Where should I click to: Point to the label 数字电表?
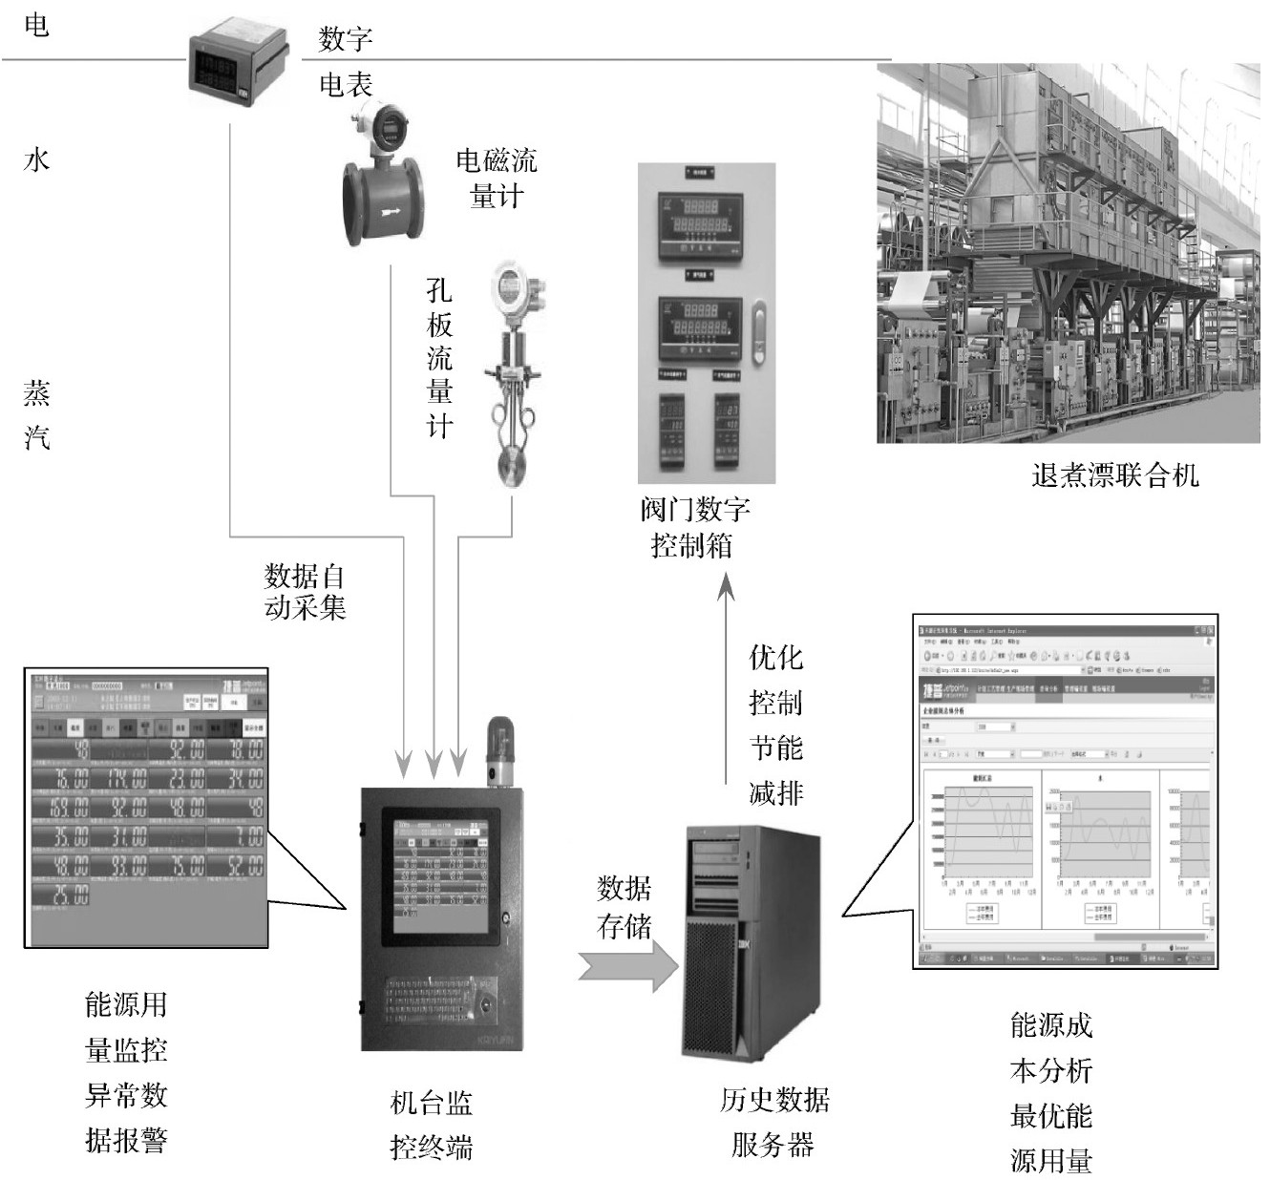point(345,62)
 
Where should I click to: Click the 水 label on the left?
point(36,159)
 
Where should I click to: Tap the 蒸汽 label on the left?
point(36,415)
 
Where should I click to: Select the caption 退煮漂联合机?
point(1114,474)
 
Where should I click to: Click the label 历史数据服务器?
point(773,1121)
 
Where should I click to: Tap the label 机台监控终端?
point(432,1125)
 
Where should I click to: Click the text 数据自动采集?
point(305,592)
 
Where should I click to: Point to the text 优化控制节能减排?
point(775,725)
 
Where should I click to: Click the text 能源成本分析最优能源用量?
point(1050,1092)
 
